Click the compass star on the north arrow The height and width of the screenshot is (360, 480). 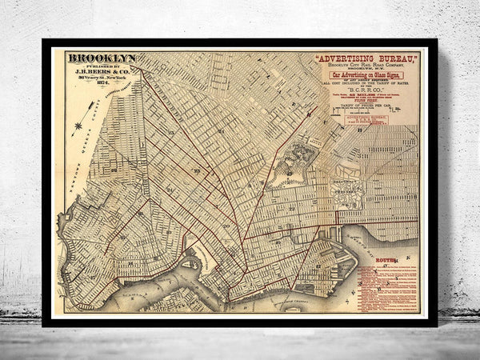tap(77, 126)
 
